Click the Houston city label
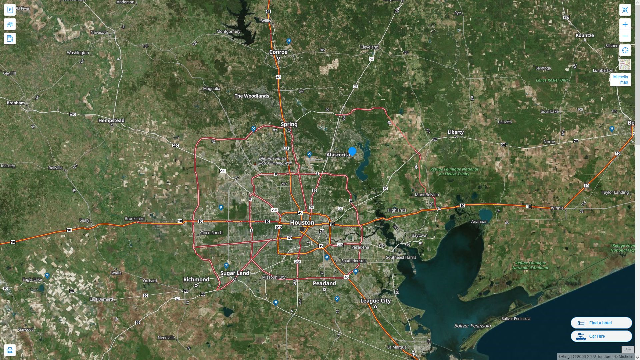(302, 222)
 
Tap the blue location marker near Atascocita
(352, 152)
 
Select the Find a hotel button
(601, 323)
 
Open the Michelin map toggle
(620, 80)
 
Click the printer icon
(10, 350)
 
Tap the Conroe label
(278, 52)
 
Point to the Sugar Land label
(235, 273)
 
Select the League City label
(375, 301)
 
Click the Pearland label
(324, 283)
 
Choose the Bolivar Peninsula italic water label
(472, 326)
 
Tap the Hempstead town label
(111, 120)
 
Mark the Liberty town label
(455, 132)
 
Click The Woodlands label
(252, 96)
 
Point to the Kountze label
(585, 35)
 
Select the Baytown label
(419, 235)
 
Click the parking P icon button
(10, 10)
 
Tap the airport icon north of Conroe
(289, 41)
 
